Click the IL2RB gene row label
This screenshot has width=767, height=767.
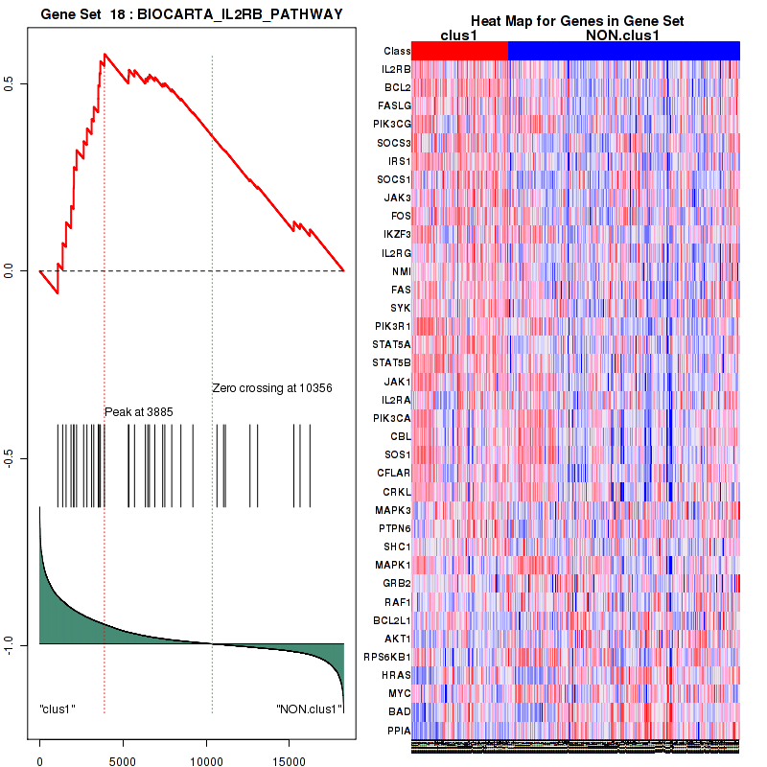396,69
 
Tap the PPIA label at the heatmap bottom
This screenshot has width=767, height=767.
398,730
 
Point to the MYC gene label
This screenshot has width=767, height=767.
399,693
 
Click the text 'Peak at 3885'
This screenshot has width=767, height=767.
138,412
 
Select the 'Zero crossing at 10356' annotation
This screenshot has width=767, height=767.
272,388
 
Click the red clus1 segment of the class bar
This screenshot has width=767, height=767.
460,51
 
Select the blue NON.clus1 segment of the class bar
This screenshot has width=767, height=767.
623,51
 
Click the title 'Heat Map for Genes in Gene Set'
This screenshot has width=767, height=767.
576,21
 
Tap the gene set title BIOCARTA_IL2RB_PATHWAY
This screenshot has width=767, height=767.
192,12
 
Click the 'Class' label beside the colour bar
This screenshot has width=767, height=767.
396,51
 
